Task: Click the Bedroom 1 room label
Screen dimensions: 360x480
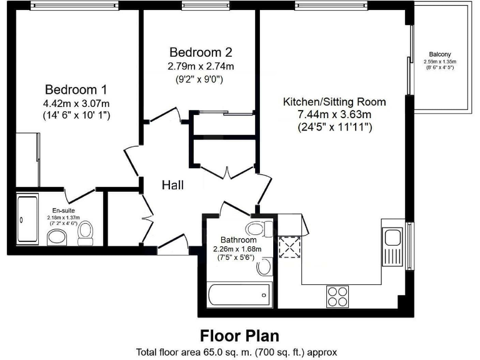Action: coord(71,89)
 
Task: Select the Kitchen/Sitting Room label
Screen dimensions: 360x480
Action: coord(334,101)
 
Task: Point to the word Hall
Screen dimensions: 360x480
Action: coord(173,185)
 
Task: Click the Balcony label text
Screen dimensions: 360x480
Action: coord(440,54)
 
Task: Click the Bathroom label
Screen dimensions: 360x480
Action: coord(239,240)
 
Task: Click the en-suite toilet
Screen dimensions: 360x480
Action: coord(86,232)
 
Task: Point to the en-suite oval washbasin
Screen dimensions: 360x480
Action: coord(57,237)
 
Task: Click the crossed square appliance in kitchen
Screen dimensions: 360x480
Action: coord(289,248)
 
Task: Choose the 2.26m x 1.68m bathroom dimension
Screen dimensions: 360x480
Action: coord(237,249)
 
